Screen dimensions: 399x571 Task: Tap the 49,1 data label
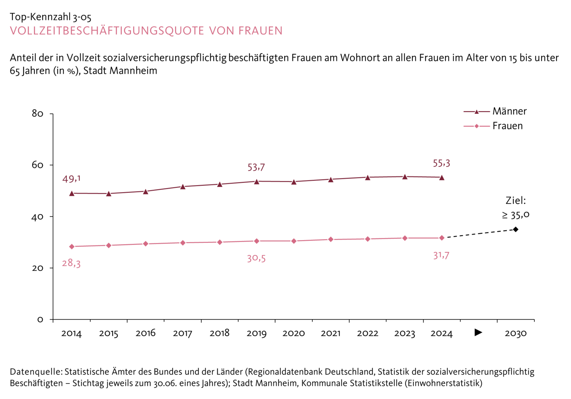pyautogui.click(x=71, y=179)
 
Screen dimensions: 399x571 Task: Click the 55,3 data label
pyautogui.click(x=441, y=163)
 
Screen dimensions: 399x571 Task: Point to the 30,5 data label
pyautogui.click(x=256, y=258)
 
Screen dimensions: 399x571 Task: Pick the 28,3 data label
pyautogui.click(x=71, y=263)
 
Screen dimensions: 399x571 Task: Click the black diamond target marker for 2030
pyautogui.click(x=515, y=229)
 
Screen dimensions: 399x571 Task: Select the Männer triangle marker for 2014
pyautogui.click(x=72, y=193)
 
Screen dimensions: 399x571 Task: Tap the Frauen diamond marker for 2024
pyautogui.click(x=441, y=238)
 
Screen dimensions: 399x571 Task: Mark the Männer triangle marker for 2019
pyautogui.click(x=256, y=181)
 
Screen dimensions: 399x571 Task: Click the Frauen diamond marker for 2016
pyautogui.click(x=145, y=244)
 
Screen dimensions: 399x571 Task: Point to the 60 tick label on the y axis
pyautogui.click(x=38, y=165)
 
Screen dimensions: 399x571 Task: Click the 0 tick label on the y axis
pyautogui.click(x=40, y=320)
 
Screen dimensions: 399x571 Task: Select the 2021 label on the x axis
pyautogui.click(x=330, y=334)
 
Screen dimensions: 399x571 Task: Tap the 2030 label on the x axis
pyautogui.click(x=515, y=334)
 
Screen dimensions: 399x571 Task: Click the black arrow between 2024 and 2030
pyautogui.click(x=478, y=332)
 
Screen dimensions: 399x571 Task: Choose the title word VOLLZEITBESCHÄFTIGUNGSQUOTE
pyautogui.click(x=107, y=31)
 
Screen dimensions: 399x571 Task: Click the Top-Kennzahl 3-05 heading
pyautogui.click(x=50, y=17)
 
